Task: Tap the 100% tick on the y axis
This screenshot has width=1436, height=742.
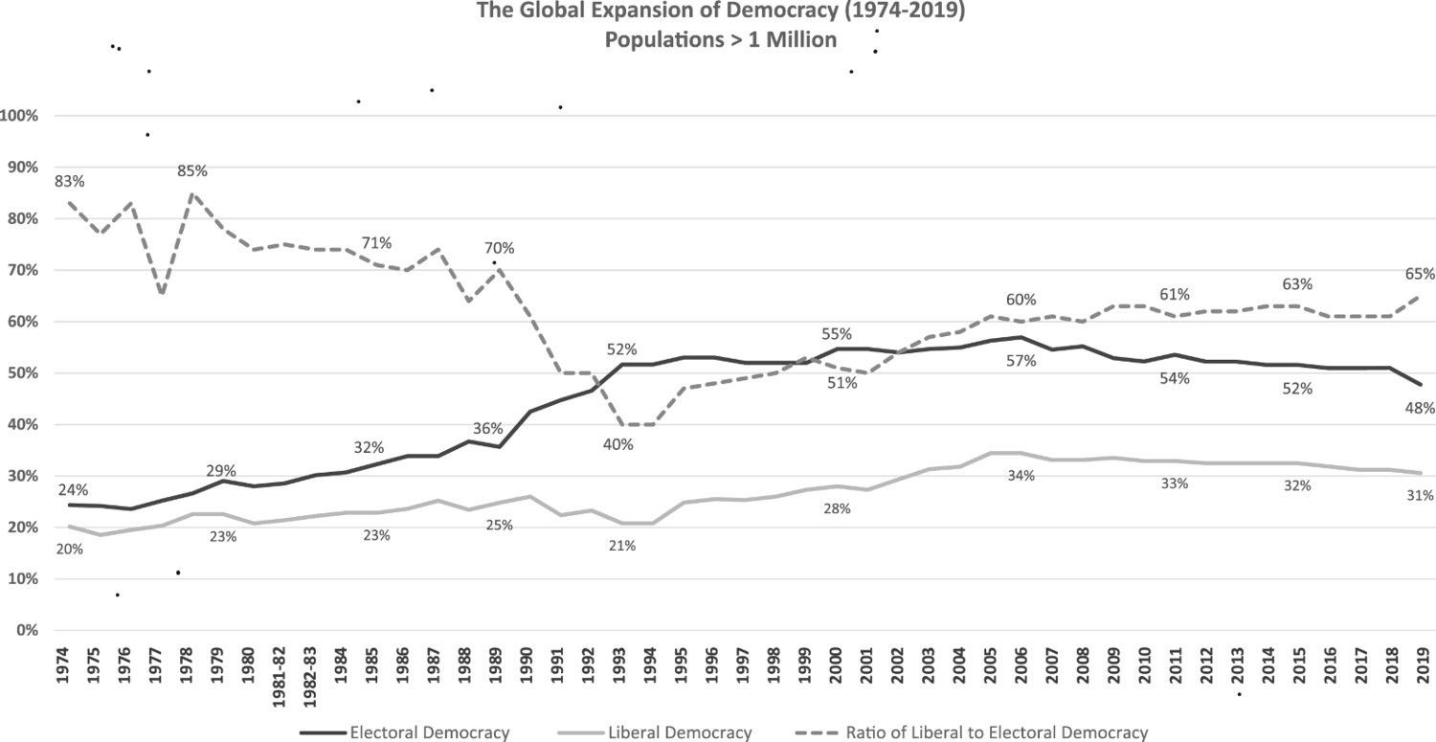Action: [x=20, y=116]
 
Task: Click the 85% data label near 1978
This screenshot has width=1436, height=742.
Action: [x=192, y=171]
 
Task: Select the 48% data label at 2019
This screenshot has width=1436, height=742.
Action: [x=1419, y=408]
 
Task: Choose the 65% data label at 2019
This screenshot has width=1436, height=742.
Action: [x=1419, y=275]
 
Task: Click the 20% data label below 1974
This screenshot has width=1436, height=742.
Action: [x=70, y=550]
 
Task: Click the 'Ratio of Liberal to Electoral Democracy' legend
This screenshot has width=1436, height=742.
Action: [x=997, y=733]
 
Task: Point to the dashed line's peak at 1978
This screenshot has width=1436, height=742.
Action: [x=191, y=193]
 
